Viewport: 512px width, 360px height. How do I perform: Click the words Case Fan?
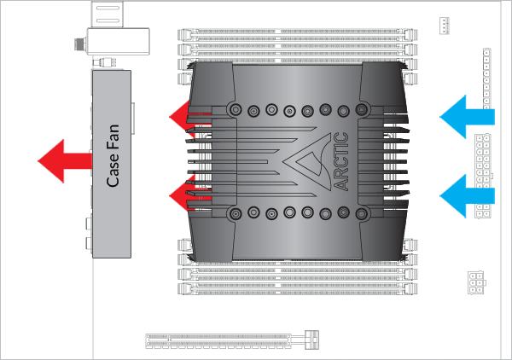pyautogui.click(x=113, y=155)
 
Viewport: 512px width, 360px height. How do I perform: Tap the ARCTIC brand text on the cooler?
pyautogui.click(x=341, y=161)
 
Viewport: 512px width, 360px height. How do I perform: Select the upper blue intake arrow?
pyautogui.click(x=467, y=117)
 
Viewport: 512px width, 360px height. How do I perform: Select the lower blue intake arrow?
pyautogui.click(x=467, y=196)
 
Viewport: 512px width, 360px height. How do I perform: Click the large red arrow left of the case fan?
pyautogui.click(x=65, y=161)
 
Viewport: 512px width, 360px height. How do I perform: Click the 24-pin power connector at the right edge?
pyautogui.click(x=483, y=176)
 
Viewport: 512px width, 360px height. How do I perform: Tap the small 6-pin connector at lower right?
pyautogui.click(x=476, y=282)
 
